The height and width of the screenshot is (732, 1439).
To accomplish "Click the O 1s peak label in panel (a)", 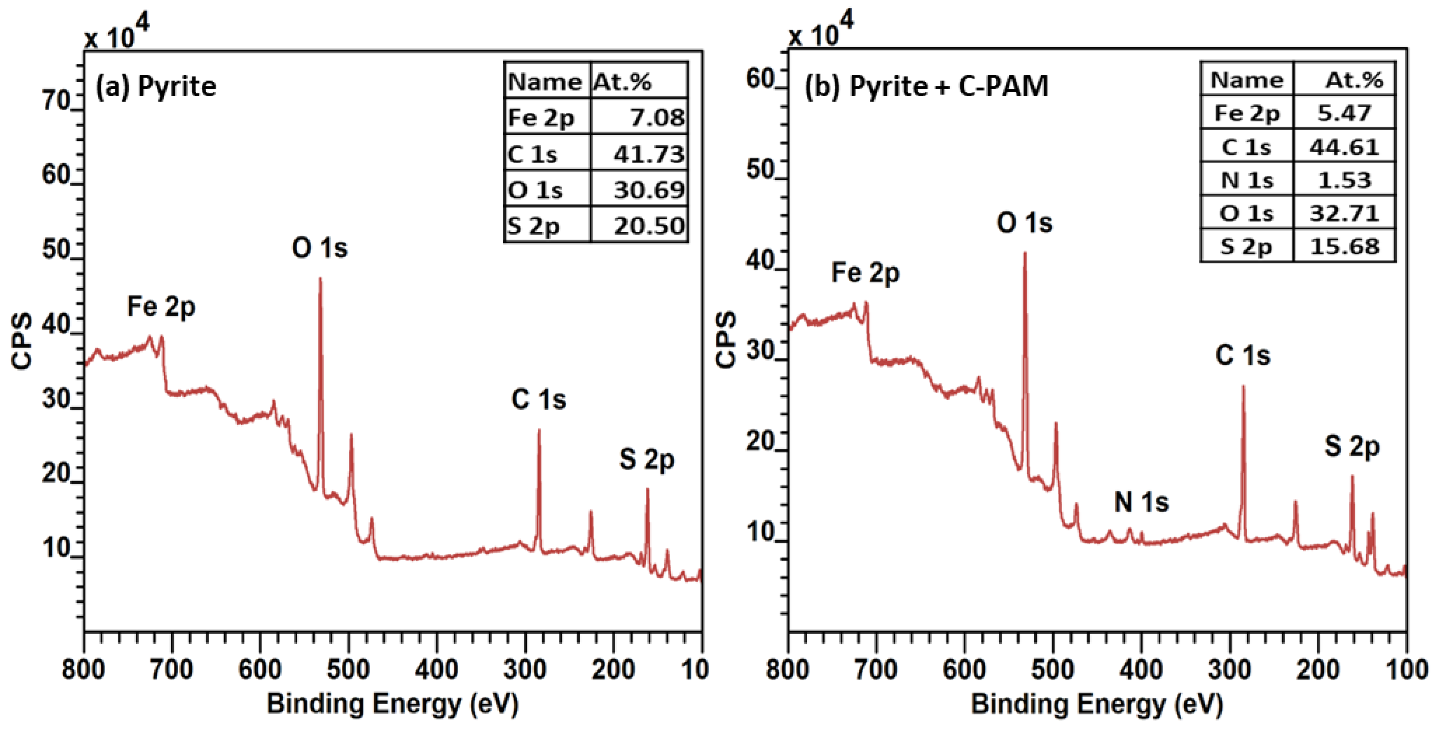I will click(319, 247).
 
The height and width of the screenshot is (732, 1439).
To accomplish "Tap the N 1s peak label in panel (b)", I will click(1141, 501).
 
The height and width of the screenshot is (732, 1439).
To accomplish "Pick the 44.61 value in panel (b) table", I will click(1344, 147).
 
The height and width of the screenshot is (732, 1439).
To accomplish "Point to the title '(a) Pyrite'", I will click(156, 87).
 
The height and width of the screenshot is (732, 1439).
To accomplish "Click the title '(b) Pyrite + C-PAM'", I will click(926, 87).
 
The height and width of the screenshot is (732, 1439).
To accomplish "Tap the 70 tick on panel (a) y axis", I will click(56, 101).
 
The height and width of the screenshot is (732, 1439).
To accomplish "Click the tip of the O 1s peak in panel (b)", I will click(1025, 253).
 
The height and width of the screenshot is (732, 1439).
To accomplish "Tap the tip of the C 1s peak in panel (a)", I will click(539, 430).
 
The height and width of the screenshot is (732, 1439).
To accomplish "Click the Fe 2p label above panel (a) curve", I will click(161, 306).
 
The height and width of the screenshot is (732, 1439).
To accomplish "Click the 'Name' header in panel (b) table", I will click(1246, 80).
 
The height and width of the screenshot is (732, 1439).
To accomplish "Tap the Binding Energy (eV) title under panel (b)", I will click(1097, 704).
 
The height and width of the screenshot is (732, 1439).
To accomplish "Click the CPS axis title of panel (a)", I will click(22, 341).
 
